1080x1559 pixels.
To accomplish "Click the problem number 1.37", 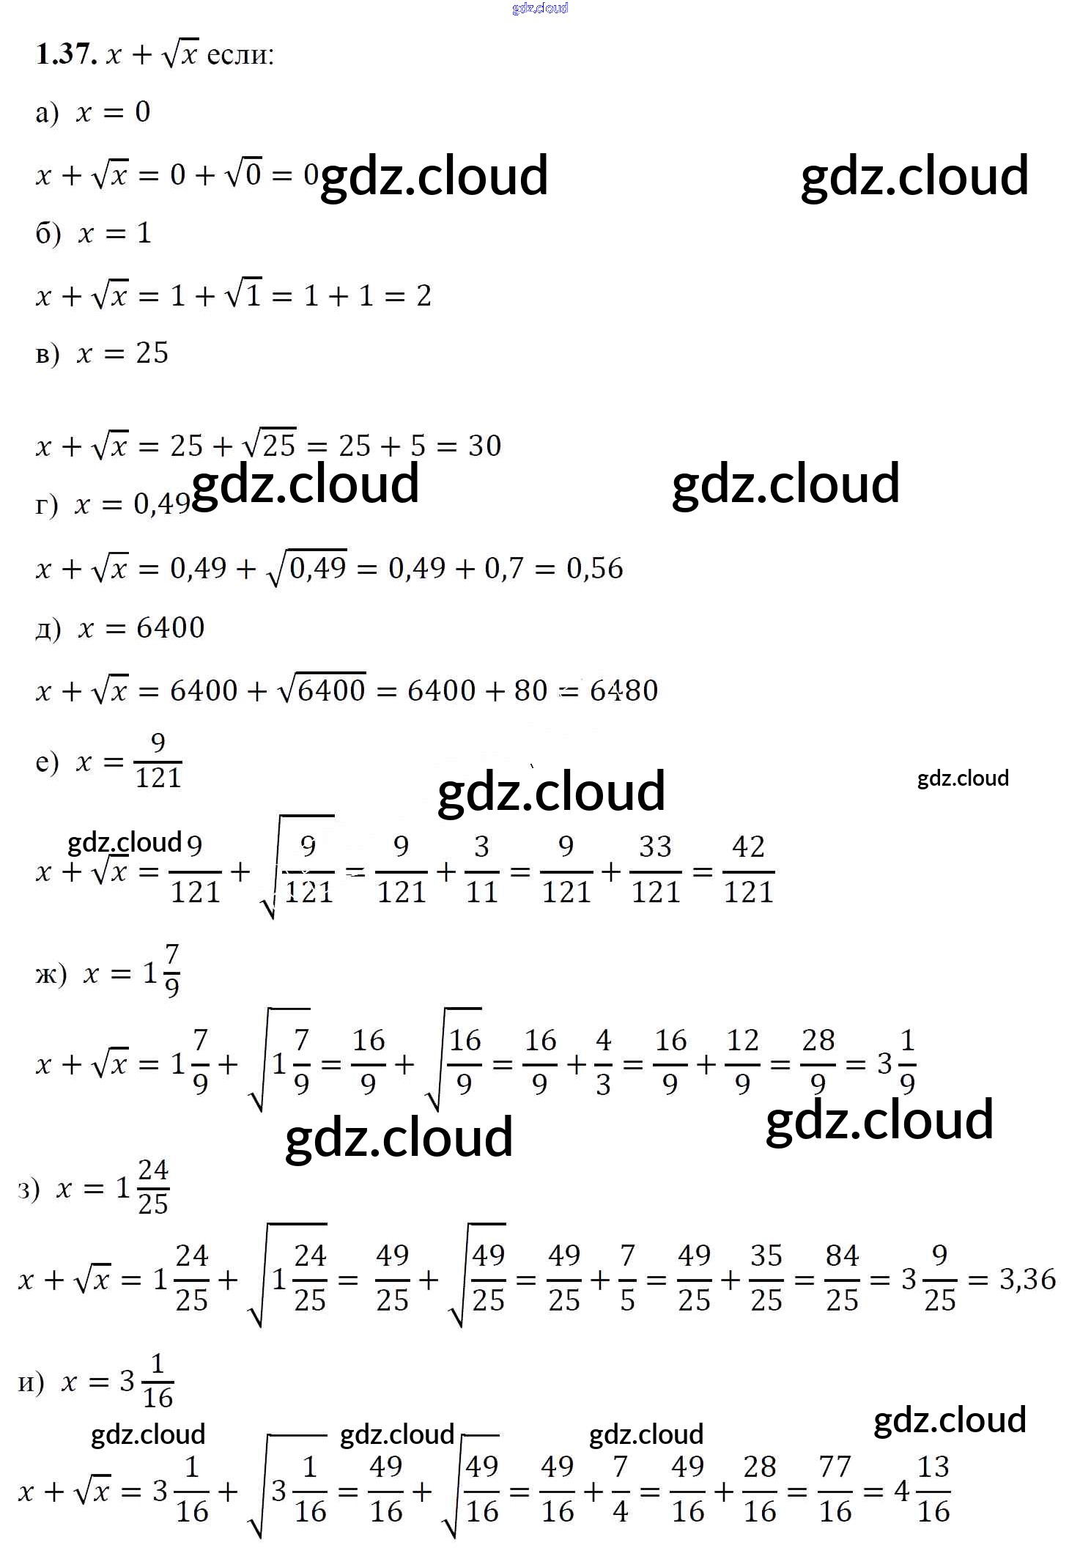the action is pyautogui.click(x=67, y=54).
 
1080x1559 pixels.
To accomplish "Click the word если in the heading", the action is pyautogui.click(x=240, y=54).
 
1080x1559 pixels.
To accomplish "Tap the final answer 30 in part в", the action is pyautogui.click(x=484, y=445).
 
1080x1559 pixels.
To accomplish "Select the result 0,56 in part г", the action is pyautogui.click(x=594, y=568).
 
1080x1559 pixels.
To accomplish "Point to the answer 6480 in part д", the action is pyautogui.click(x=624, y=690).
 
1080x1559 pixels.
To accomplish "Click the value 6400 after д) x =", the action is pyautogui.click(x=170, y=627).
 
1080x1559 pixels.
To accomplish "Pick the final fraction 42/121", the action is pyautogui.click(x=748, y=869).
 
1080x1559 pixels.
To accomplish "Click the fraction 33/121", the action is pyautogui.click(x=655, y=869).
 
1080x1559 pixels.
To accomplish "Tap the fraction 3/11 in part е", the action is pyautogui.click(x=481, y=869).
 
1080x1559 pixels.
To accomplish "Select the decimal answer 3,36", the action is pyautogui.click(x=1027, y=1280).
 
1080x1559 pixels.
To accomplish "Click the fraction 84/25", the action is pyautogui.click(x=842, y=1278).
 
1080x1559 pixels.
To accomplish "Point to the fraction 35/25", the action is pyautogui.click(x=766, y=1278).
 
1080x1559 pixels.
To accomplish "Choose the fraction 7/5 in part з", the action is pyautogui.click(x=627, y=1278).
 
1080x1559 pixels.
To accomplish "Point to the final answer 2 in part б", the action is pyautogui.click(x=424, y=295).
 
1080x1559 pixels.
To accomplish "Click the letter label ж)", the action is pyautogui.click(x=51, y=974).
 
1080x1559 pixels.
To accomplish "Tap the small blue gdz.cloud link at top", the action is pyautogui.click(x=540, y=8).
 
